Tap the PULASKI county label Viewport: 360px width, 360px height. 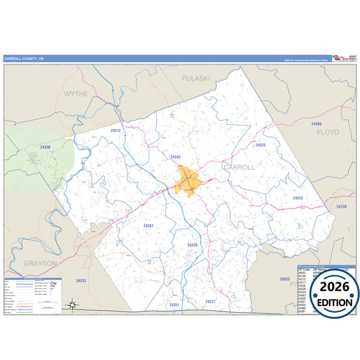coord(196,78)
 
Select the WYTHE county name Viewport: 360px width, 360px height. coord(76,94)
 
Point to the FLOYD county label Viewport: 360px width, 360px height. coord(328,133)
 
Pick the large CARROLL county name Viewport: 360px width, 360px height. coord(239,167)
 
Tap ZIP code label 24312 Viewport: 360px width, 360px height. coord(115,130)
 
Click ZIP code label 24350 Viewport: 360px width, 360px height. coord(45,147)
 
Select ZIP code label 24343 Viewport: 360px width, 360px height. coord(176,157)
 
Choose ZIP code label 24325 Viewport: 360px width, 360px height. coord(261,145)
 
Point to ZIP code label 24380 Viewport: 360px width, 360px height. coord(317,124)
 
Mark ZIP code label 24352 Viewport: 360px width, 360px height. coord(298,198)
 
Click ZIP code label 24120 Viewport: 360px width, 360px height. coord(341,207)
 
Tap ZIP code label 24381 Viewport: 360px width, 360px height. coord(149,226)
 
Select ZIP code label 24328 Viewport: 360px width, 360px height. coord(192,245)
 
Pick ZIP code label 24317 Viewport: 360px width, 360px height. coord(210,301)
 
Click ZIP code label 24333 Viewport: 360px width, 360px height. coord(81,280)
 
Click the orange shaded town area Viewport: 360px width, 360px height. coord(186,182)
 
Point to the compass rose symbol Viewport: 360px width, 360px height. coord(72,305)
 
